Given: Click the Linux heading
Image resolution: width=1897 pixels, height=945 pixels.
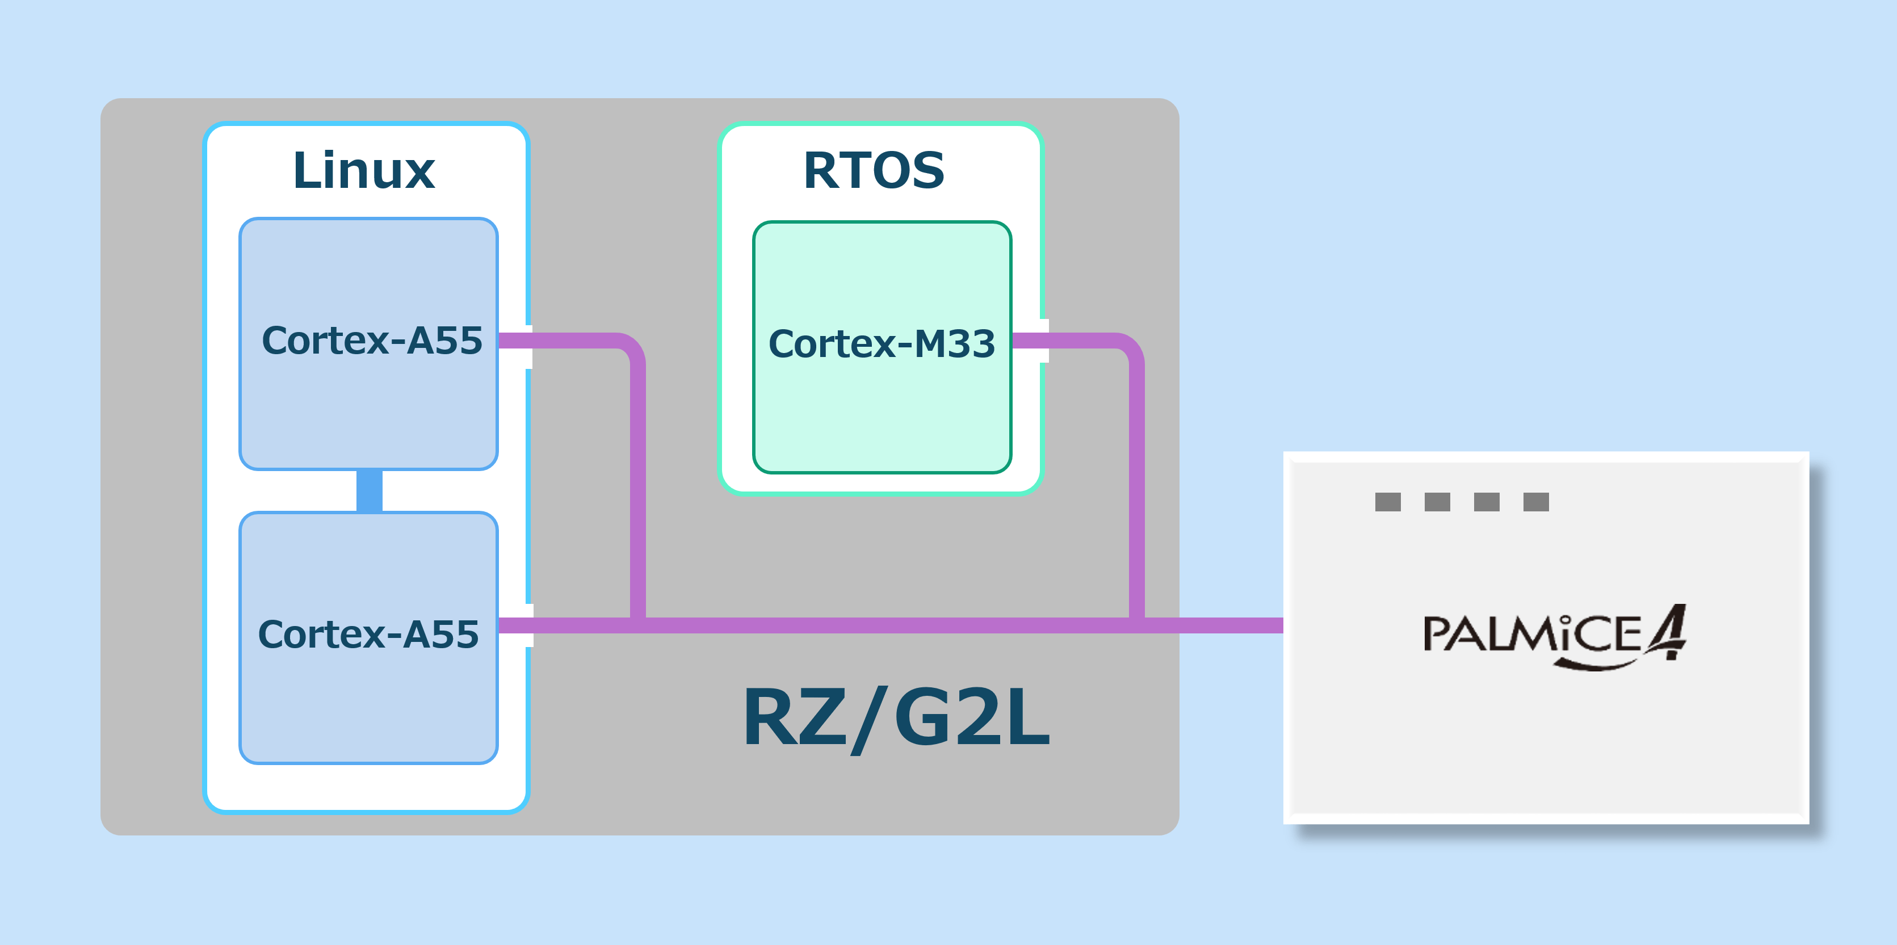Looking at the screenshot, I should pos(364,171).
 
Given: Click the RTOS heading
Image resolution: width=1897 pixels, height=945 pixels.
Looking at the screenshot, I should pos(874,171).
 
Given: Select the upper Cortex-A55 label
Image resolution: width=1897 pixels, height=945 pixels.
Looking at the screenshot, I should pos(372,341).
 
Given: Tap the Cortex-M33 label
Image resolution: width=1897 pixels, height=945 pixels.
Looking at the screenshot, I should pos(882,344).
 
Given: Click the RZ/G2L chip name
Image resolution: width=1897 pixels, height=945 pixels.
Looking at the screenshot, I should pos(896,717).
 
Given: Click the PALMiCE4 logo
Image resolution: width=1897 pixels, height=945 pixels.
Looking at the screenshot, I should pos(1554,636).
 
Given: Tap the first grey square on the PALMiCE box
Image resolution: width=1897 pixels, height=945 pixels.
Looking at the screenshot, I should pos(1387,502).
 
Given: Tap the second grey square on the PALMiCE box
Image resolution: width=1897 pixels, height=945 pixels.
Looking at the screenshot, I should pos(1437,502).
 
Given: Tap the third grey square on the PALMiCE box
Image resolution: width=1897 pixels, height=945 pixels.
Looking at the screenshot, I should pos(1486,502).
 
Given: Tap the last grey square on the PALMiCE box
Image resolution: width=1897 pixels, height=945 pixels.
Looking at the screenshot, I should pos(1535,502).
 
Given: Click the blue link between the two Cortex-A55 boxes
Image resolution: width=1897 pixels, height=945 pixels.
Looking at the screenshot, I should pos(369,490).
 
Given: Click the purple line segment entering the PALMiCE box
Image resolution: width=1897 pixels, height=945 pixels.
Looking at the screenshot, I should pos(1237,625).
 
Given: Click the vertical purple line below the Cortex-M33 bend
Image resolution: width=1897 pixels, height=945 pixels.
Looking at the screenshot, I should pos(1137,486).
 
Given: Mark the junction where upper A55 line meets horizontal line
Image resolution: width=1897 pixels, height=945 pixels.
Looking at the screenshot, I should pos(638,625).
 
